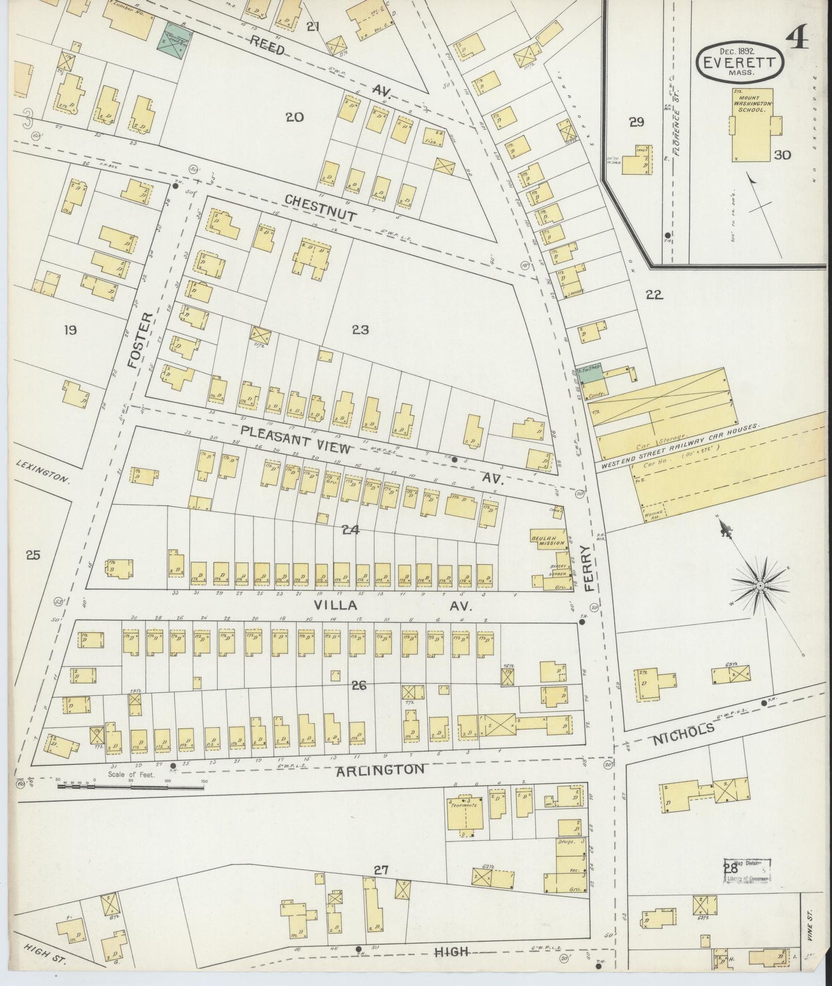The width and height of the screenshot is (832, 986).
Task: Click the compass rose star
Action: pyautogui.click(x=759, y=584)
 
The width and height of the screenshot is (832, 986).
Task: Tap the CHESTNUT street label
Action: pyautogui.click(x=321, y=208)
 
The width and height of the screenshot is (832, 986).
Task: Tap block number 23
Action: pyautogui.click(x=360, y=330)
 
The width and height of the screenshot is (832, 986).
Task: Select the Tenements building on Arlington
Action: pyautogui.click(x=465, y=809)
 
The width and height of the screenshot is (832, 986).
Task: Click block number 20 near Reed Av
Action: pyautogui.click(x=295, y=117)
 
